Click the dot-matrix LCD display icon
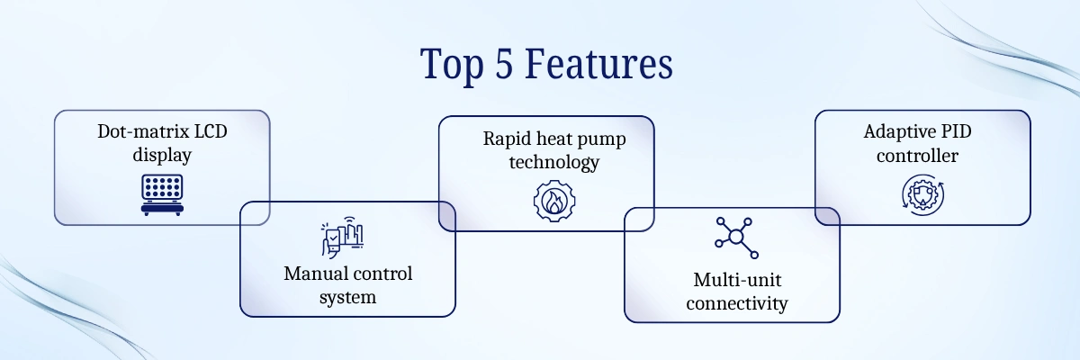pyautogui.click(x=162, y=194)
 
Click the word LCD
pyautogui.click(x=206, y=131)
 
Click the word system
pyautogui.click(x=347, y=297)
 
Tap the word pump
pyautogui.click(x=603, y=139)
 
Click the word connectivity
pyautogui.click(x=736, y=303)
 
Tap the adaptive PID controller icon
pyautogui.click(x=922, y=193)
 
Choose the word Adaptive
pyautogui.click(x=895, y=131)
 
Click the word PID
pyautogui.click(x=953, y=131)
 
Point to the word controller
pyautogui.click(x=922, y=155)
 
